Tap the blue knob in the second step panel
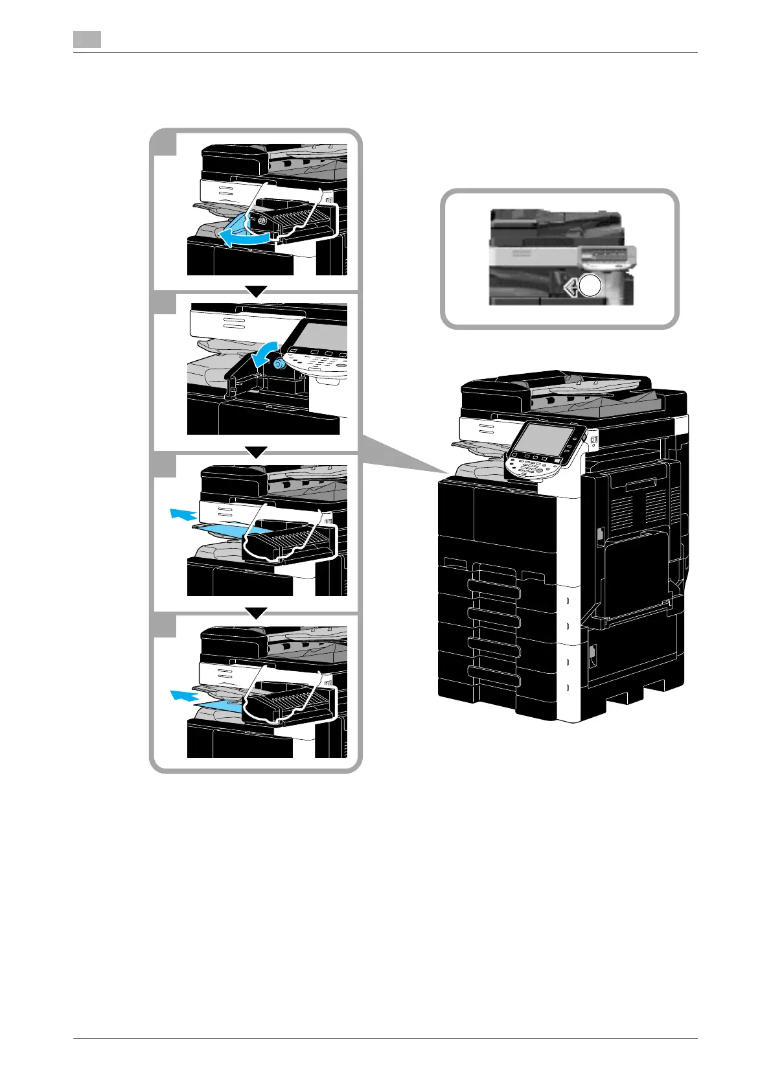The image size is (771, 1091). tap(279, 365)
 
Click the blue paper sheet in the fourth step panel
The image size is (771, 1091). tap(220, 707)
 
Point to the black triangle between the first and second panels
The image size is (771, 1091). tap(257, 292)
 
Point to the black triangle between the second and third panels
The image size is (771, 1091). tap(257, 452)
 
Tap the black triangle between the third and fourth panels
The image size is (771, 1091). tap(257, 613)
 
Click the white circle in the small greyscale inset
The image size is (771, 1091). tap(590, 286)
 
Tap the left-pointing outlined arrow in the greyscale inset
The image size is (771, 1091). tap(571, 286)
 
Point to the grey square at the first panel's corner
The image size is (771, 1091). tap(165, 143)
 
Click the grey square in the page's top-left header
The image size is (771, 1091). tap(87, 40)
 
